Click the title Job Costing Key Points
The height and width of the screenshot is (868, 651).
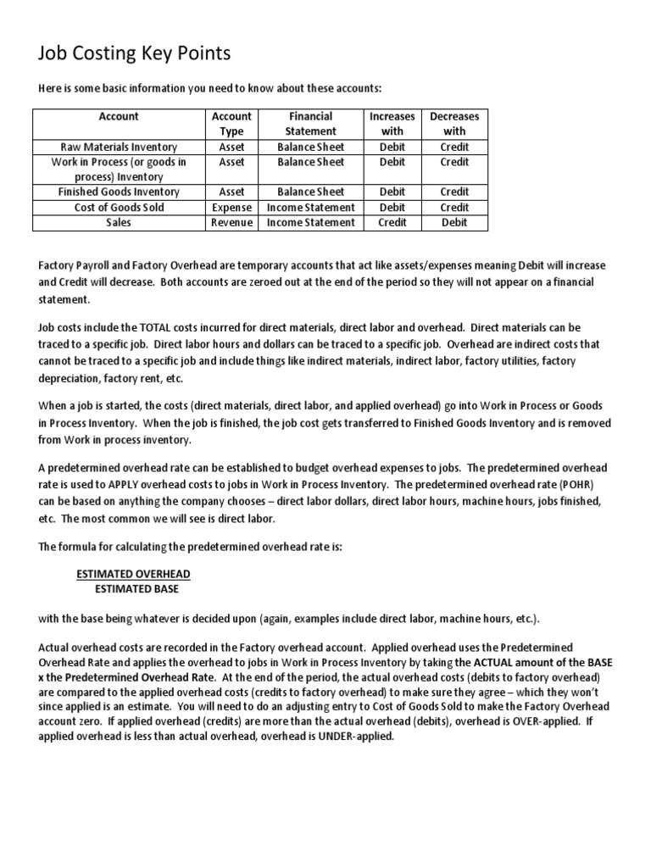click(135, 54)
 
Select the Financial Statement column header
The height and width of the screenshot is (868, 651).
click(310, 124)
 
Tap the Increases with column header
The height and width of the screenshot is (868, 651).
click(392, 124)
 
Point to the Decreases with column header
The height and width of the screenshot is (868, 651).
click(454, 124)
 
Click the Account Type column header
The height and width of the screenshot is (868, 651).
click(231, 124)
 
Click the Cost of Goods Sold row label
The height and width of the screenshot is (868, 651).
click(119, 208)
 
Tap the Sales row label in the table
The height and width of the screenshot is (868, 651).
click(119, 223)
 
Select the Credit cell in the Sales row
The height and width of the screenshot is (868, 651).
click(392, 223)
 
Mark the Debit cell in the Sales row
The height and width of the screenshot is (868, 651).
click(454, 223)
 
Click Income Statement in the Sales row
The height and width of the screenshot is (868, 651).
click(310, 223)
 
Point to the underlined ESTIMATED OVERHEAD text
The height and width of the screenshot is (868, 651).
click(133, 574)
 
